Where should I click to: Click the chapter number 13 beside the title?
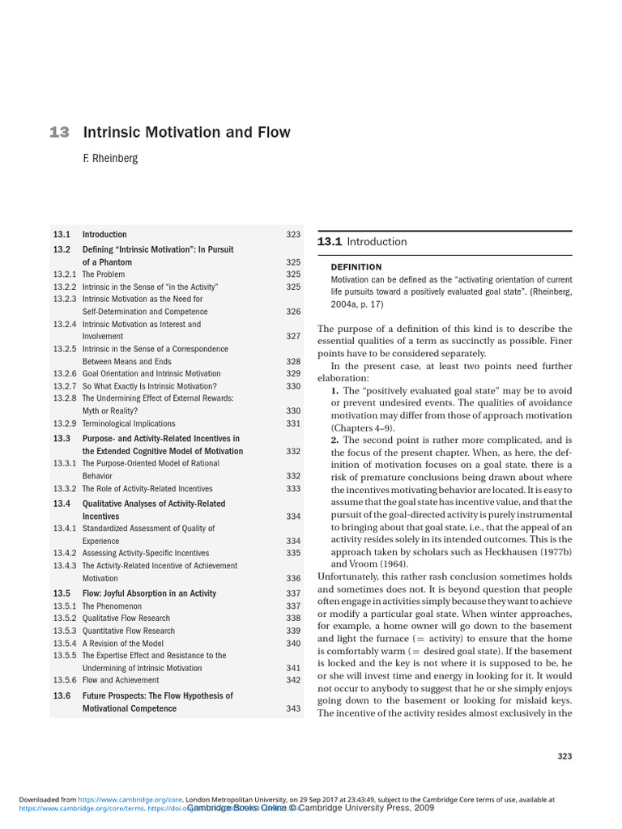tap(59, 133)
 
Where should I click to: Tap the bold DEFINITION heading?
tap(356, 266)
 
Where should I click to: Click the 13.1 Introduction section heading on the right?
tap(362, 242)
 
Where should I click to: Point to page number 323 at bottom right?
tap(564, 756)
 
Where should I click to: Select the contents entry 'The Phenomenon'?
tap(112, 606)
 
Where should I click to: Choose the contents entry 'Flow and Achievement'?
tap(121, 681)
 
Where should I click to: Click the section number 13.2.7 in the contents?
tap(65, 386)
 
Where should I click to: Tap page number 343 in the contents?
tap(293, 709)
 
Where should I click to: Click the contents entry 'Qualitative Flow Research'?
tap(126, 619)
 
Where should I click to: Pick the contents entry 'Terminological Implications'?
tap(129, 423)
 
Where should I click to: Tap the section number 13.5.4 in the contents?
tap(65, 644)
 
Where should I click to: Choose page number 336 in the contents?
tap(293, 579)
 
